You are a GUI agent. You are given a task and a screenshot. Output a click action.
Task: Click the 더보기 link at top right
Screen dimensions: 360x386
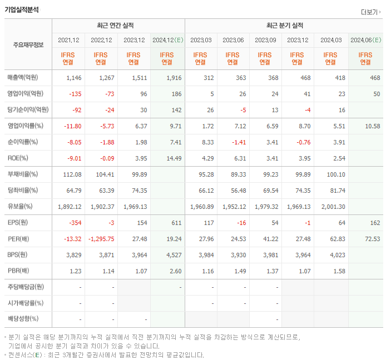click(370, 12)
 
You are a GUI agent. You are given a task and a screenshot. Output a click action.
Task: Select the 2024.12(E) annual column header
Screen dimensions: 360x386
click(167, 40)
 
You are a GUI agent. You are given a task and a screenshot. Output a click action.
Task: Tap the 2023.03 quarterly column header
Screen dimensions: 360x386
click(200, 40)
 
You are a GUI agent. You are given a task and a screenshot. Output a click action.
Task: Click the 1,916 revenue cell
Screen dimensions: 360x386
click(174, 77)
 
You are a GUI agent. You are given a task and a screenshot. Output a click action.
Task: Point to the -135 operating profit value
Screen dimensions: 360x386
click(74, 93)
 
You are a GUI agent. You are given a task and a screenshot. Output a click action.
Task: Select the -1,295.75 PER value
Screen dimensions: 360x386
click(101, 239)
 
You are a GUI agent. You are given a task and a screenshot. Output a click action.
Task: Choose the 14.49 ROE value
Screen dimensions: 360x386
click(174, 158)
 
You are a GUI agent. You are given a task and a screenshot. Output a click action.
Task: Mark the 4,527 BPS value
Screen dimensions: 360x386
click(174, 255)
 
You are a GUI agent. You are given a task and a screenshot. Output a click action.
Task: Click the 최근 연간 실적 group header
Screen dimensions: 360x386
click(118, 26)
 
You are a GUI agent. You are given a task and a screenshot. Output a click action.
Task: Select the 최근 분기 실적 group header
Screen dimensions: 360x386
click(284, 26)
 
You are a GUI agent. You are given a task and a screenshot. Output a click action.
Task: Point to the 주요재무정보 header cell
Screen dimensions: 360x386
click(28, 45)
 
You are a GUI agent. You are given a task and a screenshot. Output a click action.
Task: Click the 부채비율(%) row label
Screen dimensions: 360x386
click(23, 174)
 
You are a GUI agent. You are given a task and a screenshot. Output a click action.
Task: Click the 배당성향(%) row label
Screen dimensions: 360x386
click(23, 319)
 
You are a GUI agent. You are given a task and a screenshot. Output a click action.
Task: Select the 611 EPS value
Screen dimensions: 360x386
click(176, 223)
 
